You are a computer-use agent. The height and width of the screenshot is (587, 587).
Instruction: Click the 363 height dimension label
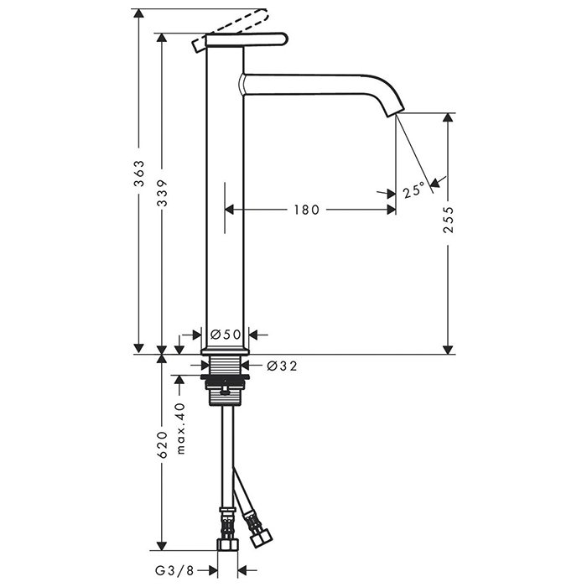coord(139,174)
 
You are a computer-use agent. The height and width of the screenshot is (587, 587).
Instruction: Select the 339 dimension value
coord(162,193)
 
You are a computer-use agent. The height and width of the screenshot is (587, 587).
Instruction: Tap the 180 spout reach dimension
coord(307,210)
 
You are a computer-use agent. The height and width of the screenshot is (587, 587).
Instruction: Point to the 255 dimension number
coord(448,220)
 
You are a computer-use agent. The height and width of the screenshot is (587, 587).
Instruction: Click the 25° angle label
coord(414,190)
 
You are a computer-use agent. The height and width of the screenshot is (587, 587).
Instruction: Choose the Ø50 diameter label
coord(225,335)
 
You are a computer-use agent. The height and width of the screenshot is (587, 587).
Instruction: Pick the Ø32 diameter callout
coord(282,366)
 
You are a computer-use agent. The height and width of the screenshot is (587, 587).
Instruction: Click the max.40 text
coord(181,429)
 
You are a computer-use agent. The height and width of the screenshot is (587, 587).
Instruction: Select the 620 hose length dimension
coord(162,444)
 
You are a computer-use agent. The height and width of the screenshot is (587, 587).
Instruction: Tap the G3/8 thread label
coord(174,570)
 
